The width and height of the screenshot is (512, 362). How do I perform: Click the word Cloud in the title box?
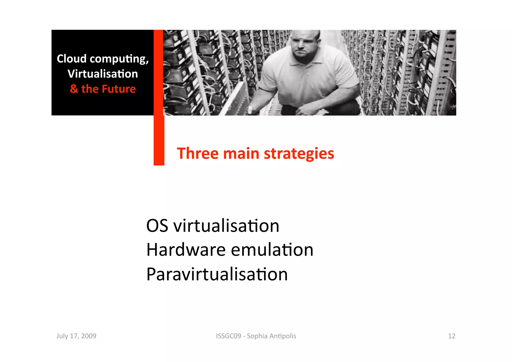[71, 59]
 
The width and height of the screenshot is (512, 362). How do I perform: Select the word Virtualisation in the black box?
[102, 74]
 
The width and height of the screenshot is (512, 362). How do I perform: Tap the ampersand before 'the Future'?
[74, 89]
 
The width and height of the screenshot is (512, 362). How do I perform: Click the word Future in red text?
[119, 89]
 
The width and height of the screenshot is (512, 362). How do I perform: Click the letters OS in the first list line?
[157, 226]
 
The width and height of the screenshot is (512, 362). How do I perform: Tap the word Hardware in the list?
[186, 250]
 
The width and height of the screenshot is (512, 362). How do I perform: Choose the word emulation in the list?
[272, 250]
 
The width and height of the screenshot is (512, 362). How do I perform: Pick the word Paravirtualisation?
[217, 274]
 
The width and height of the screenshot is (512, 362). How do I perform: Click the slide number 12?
[451, 336]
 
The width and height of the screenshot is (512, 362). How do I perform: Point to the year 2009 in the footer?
[89, 336]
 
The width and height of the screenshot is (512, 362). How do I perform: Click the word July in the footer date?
[62, 336]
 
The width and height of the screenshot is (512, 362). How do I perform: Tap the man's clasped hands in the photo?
[310, 109]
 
